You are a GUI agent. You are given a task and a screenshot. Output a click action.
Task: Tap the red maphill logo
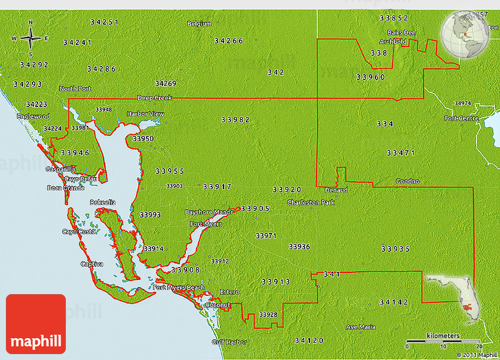pyautogui.click(x=35, y=324)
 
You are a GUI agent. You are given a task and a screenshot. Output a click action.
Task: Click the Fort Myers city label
pyautogui.click(x=206, y=224)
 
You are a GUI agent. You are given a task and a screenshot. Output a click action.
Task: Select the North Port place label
pyautogui.click(x=75, y=89)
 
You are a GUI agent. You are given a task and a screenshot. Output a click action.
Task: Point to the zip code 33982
pyautogui.click(x=235, y=119)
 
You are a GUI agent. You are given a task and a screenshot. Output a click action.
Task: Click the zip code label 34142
pyautogui.click(x=393, y=302)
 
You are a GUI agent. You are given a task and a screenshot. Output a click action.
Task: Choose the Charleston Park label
pyautogui.click(x=311, y=202)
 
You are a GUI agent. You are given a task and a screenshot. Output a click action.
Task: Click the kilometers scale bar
pyautogui.click(x=444, y=340)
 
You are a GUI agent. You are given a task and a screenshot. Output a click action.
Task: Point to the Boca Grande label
pyautogui.click(x=66, y=188)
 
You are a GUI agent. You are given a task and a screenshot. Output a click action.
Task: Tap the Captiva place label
pyautogui.click(x=92, y=264)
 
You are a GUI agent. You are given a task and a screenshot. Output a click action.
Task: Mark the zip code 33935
pyautogui.click(x=395, y=249)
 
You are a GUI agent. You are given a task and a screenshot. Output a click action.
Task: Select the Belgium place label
pyautogui.click(x=199, y=24)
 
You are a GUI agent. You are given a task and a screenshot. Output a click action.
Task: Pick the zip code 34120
pyautogui.click(x=309, y=340)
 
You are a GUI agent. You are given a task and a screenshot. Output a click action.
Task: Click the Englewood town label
pyautogui.click(x=34, y=116)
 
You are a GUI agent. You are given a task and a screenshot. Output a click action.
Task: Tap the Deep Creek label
pyautogui.click(x=154, y=98)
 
